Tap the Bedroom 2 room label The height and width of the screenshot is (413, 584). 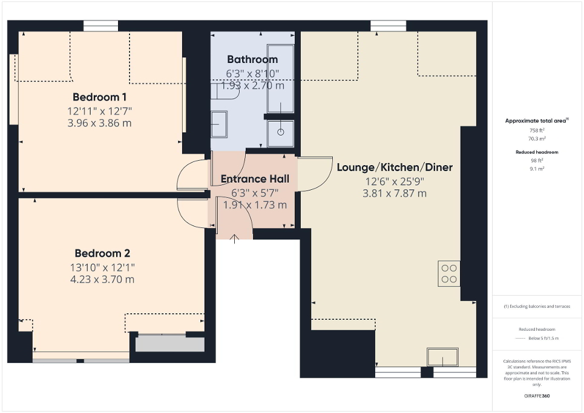(x=102, y=253)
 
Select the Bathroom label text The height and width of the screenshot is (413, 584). (x=252, y=59)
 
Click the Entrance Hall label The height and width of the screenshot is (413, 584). (x=254, y=179)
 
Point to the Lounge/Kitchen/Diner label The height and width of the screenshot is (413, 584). (x=394, y=167)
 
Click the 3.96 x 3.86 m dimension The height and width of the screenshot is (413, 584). (x=99, y=123)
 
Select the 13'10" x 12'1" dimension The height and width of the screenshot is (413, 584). (x=102, y=267)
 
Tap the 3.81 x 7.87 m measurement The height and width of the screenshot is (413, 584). (x=394, y=193)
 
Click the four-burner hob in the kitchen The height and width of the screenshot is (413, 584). (x=449, y=273)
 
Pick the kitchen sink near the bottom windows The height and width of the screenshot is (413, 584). (x=442, y=357)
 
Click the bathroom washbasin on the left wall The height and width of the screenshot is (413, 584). (x=218, y=125)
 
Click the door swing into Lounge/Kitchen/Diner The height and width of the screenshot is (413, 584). (x=312, y=174)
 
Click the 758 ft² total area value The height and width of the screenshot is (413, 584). (x=537, y=130)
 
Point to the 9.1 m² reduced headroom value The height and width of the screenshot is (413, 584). (x=537, y=169)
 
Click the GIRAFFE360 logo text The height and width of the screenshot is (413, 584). (x=537, y=395)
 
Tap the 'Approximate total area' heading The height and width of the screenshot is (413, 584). (x=536, y=121)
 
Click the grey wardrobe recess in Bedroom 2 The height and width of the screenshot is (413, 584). (x=169, y=343)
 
